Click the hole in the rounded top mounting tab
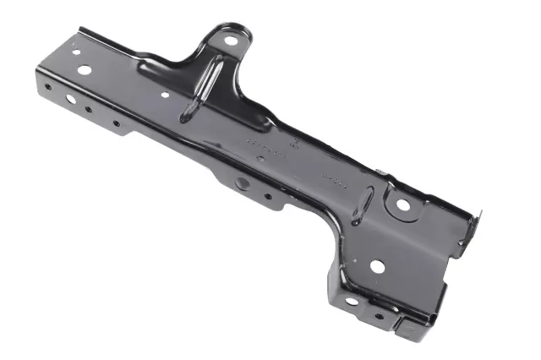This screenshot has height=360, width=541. (x=231, y=39)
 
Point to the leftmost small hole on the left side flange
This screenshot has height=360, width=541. (x=48, y=86)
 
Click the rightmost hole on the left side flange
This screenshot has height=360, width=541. (x=116, y=123)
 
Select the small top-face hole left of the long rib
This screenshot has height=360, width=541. (x=165, y=95)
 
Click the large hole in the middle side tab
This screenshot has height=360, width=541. (x=243, y=183)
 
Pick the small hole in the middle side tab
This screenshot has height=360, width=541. (x=268, y=197)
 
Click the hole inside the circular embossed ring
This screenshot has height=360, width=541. (x=403, y=205)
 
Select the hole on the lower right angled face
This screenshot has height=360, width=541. (x=377, y=266)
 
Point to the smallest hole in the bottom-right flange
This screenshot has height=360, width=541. (x=379, y=318)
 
